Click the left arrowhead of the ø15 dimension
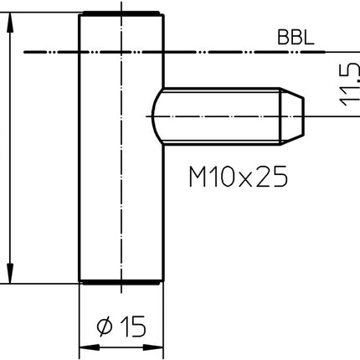tap(84, 347)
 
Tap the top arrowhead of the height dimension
tap(10, 18)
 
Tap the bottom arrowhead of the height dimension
tap(10, 276)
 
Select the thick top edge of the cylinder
tap(120, 13)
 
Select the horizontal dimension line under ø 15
tap(120, 347)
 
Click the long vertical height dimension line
tap(10, 151)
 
